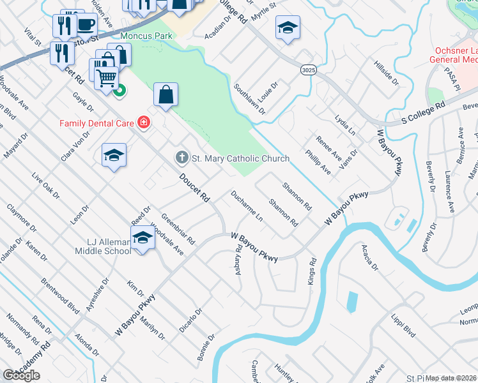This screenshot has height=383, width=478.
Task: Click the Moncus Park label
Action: coord(146,36)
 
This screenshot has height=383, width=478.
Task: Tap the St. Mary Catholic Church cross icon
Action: coord(181,157)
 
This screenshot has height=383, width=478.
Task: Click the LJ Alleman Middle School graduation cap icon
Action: coord(142,239)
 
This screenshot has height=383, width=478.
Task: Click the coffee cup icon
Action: coord(86,24)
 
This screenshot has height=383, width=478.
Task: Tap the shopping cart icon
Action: coord(107,78)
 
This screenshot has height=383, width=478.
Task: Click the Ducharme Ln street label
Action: coord(247,204)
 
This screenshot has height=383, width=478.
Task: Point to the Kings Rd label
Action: coord(313,271)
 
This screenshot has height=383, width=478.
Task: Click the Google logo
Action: coord(21,375)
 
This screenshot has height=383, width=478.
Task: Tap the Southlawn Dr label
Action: coord(249,100)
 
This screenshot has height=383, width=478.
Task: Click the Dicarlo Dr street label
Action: coord(190,320)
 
